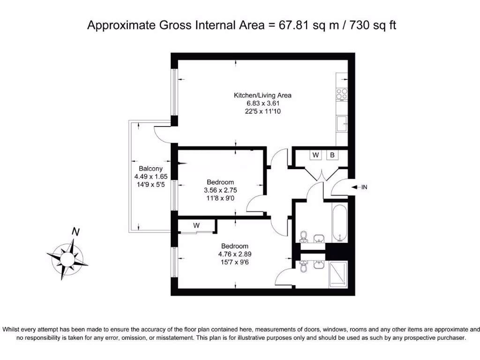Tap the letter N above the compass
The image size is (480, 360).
tap(75, 231)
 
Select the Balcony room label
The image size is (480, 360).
tap(150, 169)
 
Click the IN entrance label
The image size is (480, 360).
tap(364, 187)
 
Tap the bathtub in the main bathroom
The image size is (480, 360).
tap(339, 222)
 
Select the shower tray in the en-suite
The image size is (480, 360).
tap(339, 274)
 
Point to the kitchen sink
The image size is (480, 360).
tap(342, 125)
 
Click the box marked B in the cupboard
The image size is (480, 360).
tap(332, 155)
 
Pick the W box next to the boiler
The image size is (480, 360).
tap(315, 155)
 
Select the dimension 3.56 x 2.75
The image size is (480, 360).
tap(220, 190)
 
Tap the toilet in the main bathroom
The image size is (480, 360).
tap(304, 237)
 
